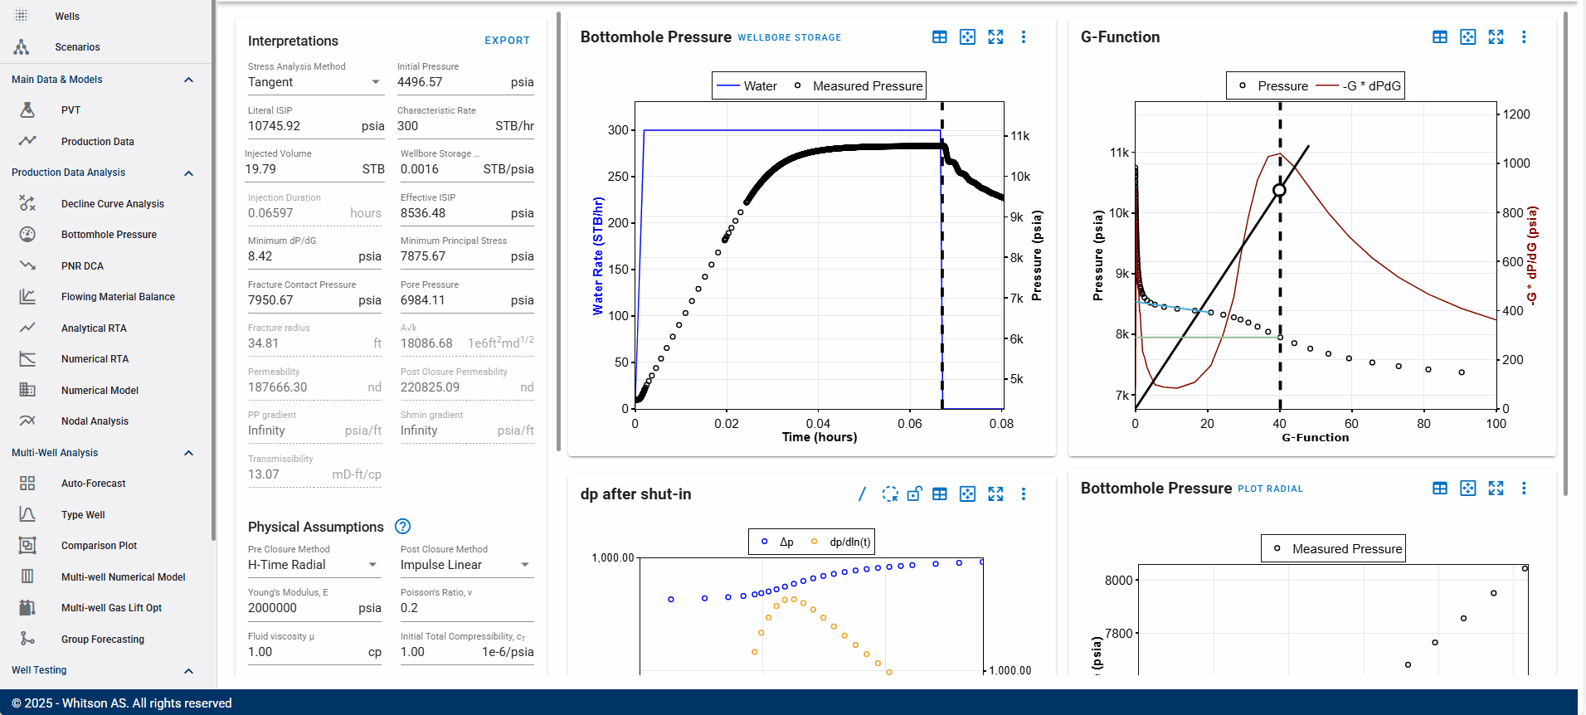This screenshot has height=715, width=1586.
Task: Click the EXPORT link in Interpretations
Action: [507, 41]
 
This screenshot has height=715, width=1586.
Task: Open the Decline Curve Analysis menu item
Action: [112, 204]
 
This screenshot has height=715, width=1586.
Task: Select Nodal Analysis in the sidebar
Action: [95, 421]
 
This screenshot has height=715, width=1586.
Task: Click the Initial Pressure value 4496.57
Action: [420, 82]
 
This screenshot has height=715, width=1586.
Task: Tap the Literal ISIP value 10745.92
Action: [274, 126]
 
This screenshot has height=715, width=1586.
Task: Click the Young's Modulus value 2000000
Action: [272, 608]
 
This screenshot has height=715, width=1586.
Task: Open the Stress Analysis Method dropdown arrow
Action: [376, 82]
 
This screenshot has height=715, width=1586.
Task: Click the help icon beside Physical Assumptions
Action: [403, 527]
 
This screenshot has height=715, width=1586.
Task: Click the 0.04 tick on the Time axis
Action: [818, 424]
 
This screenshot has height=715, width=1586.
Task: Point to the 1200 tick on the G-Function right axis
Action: [1516, 114]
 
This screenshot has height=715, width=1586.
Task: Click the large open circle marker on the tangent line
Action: [1279, 191]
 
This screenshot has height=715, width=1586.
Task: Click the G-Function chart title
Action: [1120, 37]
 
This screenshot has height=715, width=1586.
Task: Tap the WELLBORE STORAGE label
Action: [789, 38]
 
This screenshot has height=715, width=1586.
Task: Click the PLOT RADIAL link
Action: [1270, 489]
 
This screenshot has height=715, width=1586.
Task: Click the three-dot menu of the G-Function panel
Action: [1524, 37]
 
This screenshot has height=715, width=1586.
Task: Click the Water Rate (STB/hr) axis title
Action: [598, 255]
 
